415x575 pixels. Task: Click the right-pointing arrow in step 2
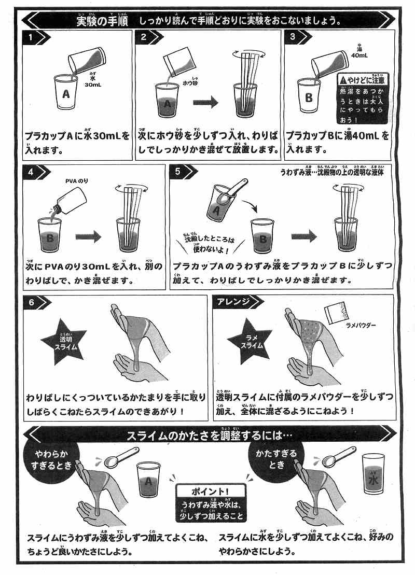[208, 102]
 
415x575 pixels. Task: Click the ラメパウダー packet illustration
[337, 312]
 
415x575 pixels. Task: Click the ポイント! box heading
[210, 490]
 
